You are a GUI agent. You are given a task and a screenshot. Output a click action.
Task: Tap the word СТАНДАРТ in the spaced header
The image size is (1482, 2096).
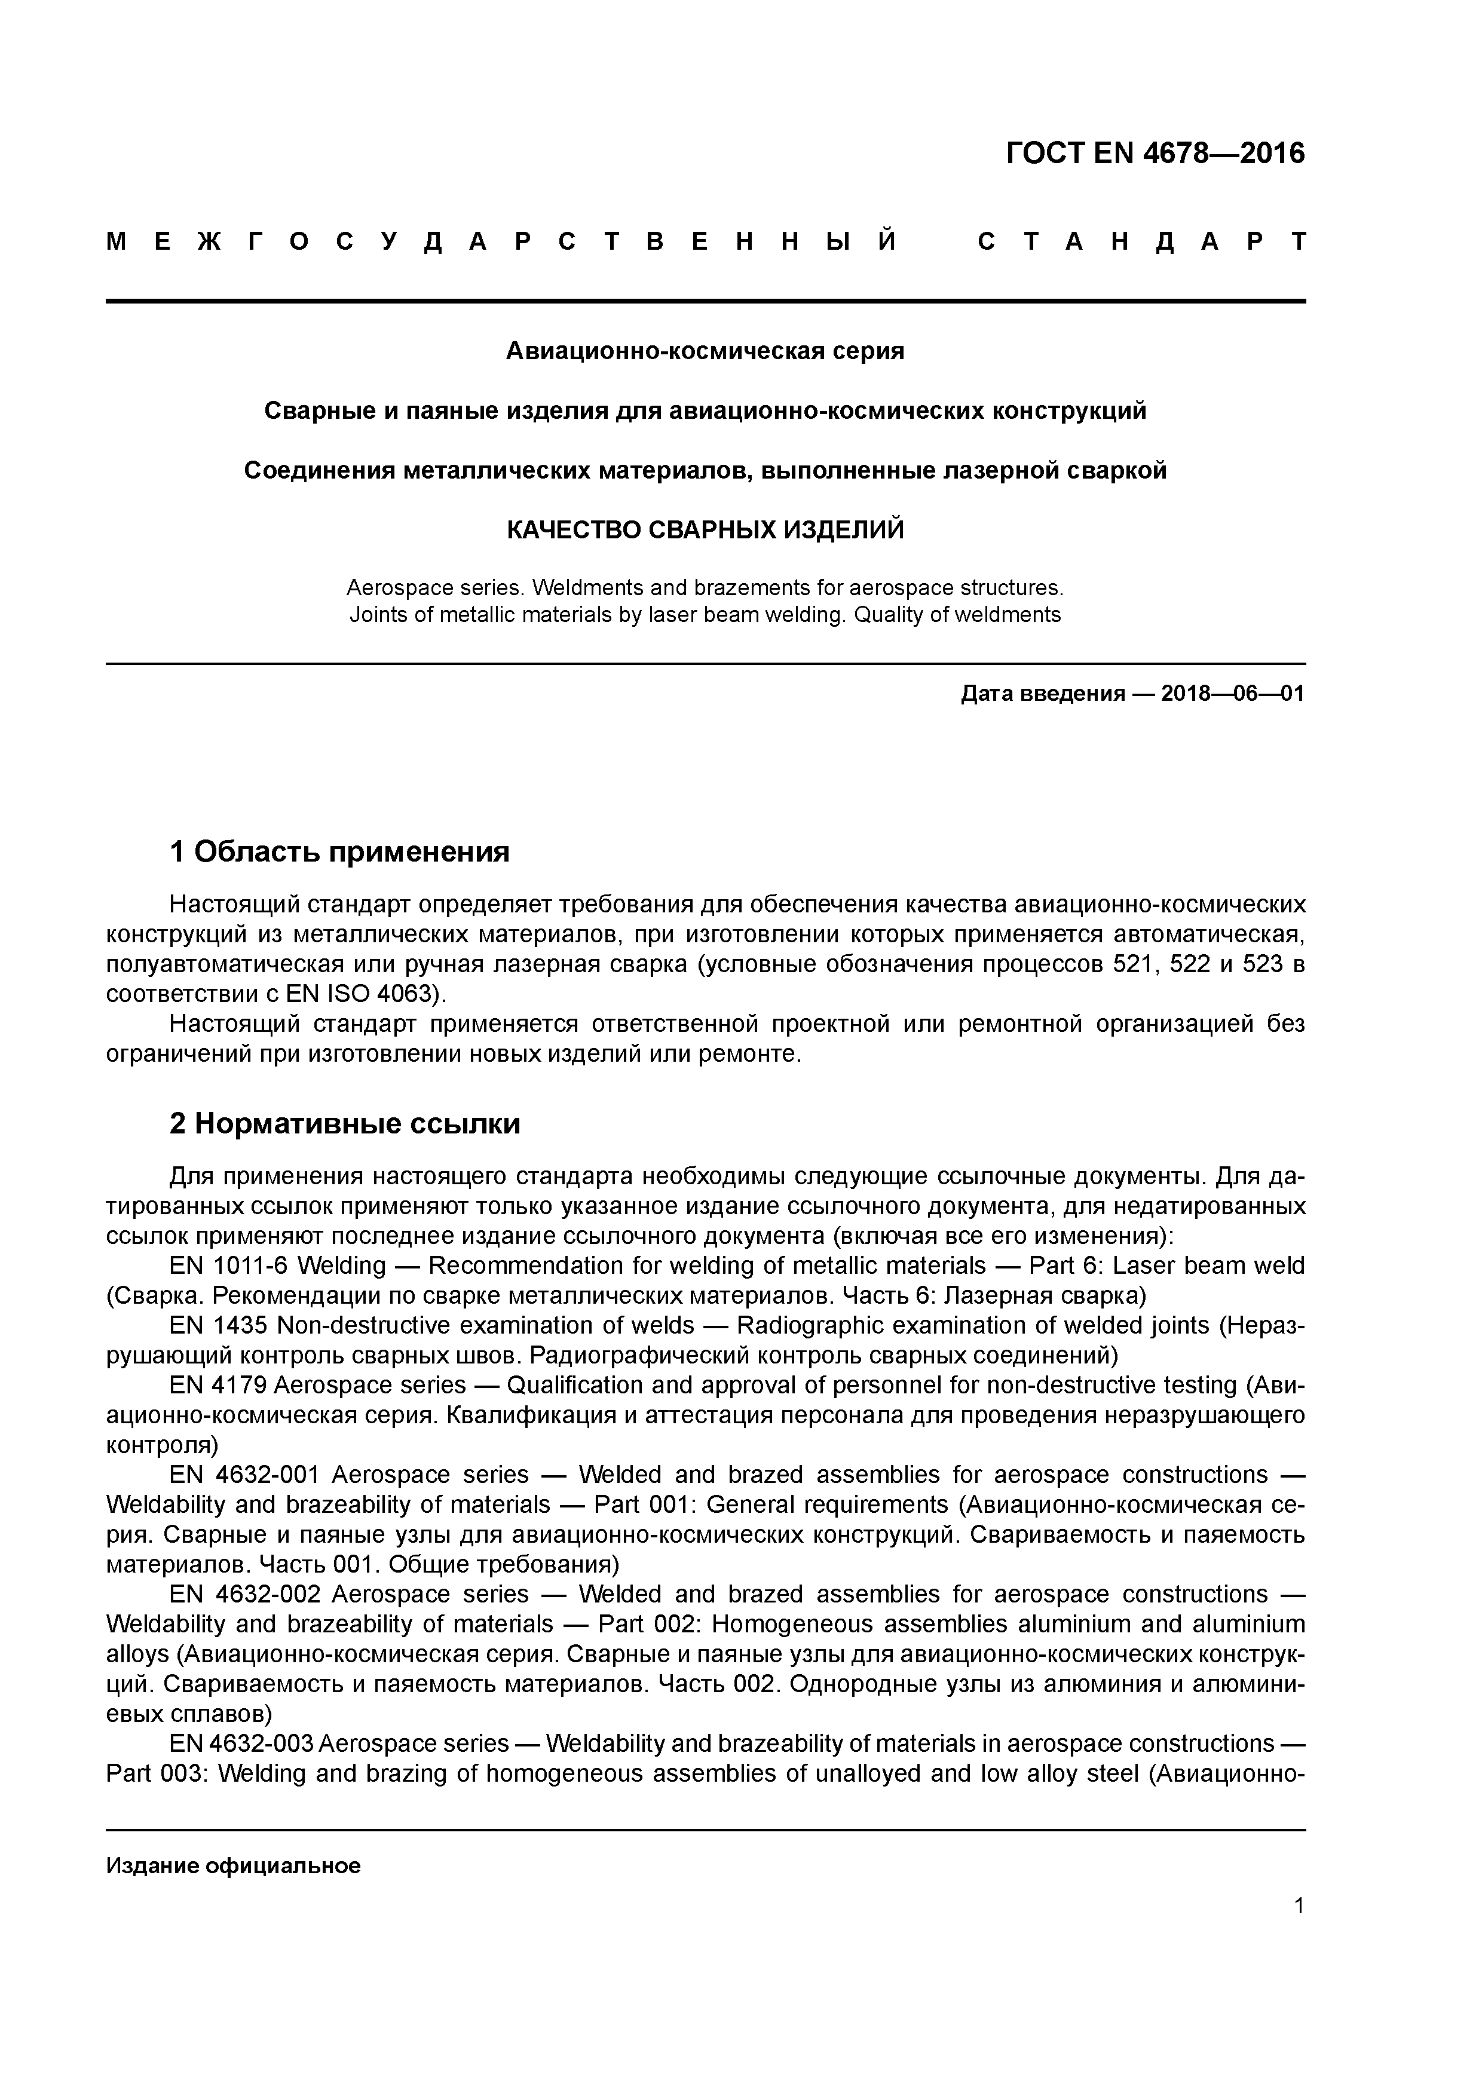(x=1141, y=242)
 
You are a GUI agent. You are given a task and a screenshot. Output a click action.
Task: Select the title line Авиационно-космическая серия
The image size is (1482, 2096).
(x=705, y=351)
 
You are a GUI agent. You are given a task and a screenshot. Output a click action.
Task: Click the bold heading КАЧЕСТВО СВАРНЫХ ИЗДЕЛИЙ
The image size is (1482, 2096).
(x=705, y=529)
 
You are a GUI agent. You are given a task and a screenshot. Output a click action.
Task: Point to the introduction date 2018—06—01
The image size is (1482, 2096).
(x=1233, y=694)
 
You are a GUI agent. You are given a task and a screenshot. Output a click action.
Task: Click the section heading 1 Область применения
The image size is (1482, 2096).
(x=339, y=852)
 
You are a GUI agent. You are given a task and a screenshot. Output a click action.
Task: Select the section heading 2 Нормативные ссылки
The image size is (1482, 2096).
(x=345, y=1124)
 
